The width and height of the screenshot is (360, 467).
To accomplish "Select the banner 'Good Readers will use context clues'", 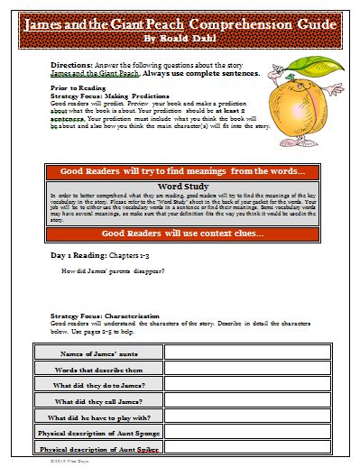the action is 180,233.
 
